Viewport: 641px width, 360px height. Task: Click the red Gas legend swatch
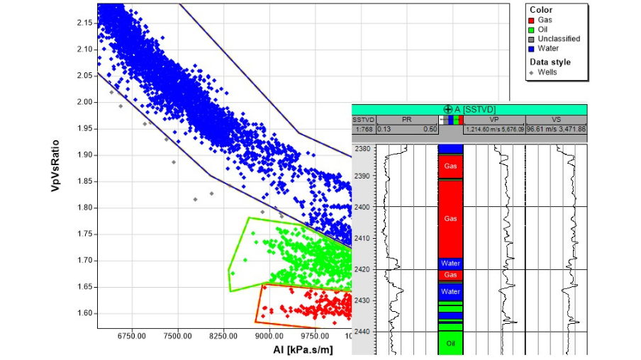pos(534,21)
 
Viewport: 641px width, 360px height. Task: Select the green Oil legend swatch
pos(534,30)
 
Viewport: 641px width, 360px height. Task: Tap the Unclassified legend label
pos(562,39)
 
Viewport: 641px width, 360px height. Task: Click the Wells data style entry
pos(546,72)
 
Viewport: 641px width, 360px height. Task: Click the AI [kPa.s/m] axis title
pos(303,349)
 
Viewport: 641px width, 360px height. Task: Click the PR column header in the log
pos(406,120)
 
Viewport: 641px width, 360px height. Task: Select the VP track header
pos(494,120)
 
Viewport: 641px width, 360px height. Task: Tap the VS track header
pos(556,120)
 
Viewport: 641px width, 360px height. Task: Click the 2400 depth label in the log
pos(362,207)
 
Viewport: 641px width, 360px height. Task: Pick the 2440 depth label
pos(362,332)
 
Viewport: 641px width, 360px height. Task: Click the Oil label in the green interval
pos(450,343)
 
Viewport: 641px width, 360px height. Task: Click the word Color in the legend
pos(541,10)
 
